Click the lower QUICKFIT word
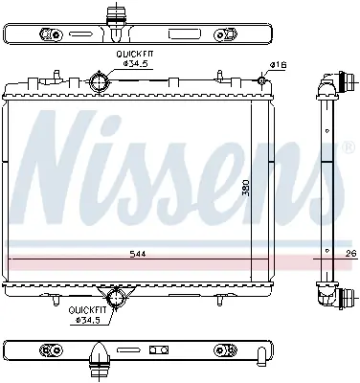pos(87,309)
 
